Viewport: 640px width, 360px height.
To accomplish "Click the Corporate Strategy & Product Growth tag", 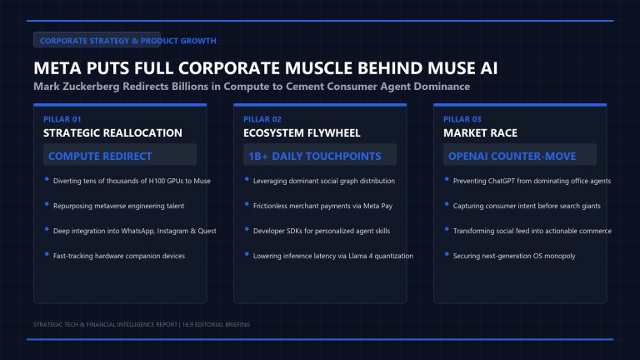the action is pyautogui.click(x=97, y=40).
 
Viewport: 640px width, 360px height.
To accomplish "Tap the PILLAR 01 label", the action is pyautogui.click(x=62, y=119).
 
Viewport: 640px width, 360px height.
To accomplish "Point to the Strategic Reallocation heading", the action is pyautogui.click(x=112, y=133).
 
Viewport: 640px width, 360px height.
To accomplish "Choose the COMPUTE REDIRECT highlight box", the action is pyautogui.click(x=120, y=155).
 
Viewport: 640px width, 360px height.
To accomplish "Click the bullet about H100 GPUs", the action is pyautogui.click(x=132, y=181).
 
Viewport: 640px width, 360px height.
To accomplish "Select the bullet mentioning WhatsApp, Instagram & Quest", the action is pyautogui.click(x=135, y=231).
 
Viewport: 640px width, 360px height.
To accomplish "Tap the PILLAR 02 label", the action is pyautogui.click(x=262, y=119).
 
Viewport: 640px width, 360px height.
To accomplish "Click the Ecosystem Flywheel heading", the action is pyautogui.click(x=302, y=133).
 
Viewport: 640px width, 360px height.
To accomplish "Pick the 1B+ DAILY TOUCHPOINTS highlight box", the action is pyautogui.click(x=320, y=155).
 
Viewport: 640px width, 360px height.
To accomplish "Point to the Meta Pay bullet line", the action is pyautogui.click(x=322, y=206).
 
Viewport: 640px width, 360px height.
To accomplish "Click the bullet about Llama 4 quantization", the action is pyautogui.click(x=333, y=256).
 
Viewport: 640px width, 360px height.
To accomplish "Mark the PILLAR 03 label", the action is pyautogui.click(x=462, y=119).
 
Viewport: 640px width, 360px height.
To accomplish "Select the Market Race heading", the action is pyautogui.click(x=480, y=133).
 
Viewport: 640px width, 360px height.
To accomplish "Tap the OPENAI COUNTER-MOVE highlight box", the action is pyautogui.click(x=520, y=155).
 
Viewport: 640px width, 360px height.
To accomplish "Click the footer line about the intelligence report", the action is pyautogui.click(x=142, y=324).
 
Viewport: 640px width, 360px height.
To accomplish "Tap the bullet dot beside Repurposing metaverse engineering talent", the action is pyautogui.click(x=47, y=204).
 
